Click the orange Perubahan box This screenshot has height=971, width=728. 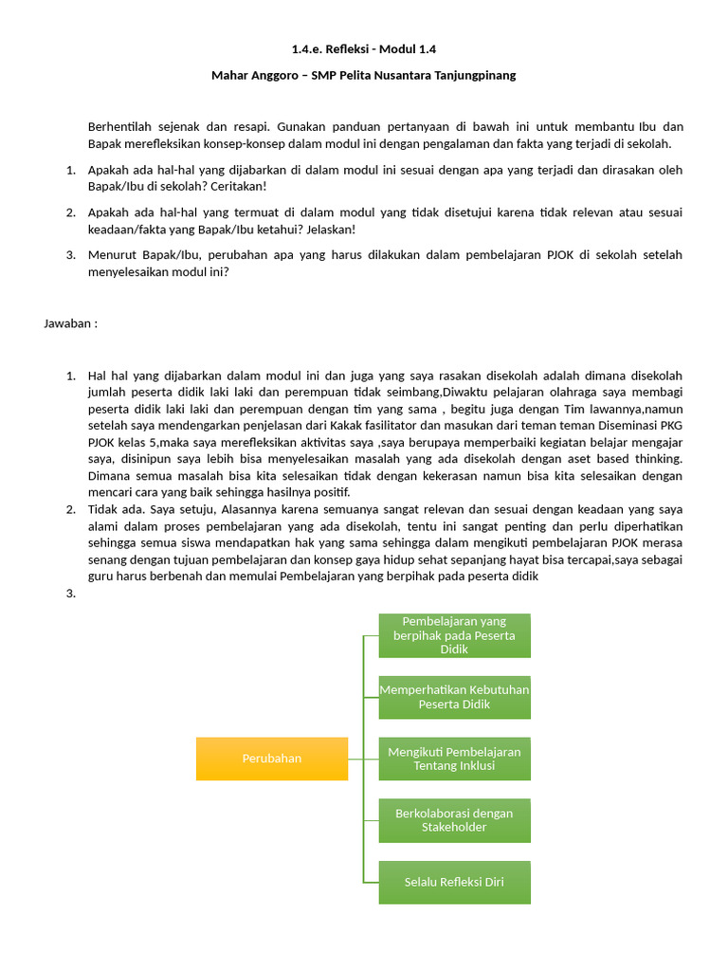click(271, 758)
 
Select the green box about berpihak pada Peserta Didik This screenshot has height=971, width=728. click(454, 635)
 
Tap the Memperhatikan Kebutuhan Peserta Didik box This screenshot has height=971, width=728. click(454, 697)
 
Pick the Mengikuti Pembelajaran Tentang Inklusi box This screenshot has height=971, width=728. click(454, 759)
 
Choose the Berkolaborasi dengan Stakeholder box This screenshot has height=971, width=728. click(454, 820)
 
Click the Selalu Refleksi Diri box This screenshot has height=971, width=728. click(454, 882)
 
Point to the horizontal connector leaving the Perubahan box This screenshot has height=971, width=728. click(355, 759)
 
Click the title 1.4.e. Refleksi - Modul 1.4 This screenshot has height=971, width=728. click(364, 48)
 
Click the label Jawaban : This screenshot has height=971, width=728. click(70, 323)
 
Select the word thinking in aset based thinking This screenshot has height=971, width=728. click(659, 459)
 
